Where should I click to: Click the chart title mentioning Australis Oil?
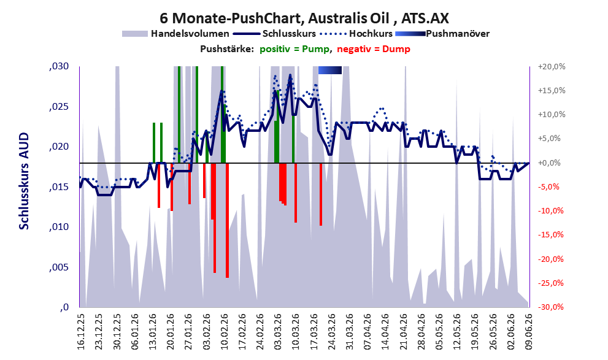tap(304, 18)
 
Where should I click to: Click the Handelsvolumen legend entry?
tap(175, 34)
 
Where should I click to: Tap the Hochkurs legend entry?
tap(356, 34)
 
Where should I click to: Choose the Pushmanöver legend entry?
tap(442, 34)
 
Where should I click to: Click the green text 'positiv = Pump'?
tap(295, 49)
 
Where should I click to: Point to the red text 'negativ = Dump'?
tap(374, 49)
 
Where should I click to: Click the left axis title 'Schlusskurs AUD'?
tap(24, 181)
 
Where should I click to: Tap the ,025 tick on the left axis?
tap(59, 107)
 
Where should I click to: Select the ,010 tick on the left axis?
tap(59, 227)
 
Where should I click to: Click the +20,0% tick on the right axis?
tap(552, 67)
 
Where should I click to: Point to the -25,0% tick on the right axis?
tap(552, 283)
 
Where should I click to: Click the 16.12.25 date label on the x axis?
tap(81, 332)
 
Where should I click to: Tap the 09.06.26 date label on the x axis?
tap(529, 332)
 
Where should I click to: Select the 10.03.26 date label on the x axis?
tap(296, 332)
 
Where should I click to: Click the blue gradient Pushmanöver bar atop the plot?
tap(330, 70)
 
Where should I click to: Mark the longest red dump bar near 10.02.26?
tap(227, 221)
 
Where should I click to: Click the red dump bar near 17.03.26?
tap(321, 194)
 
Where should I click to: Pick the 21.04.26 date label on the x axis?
tap(403, 332)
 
